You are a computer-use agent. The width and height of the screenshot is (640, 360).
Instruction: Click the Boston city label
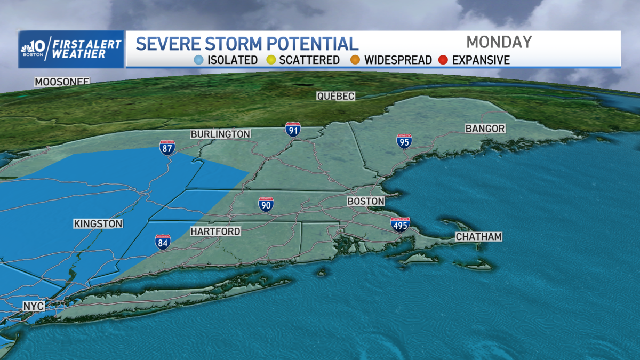pyautogui.click(x=365, y=201)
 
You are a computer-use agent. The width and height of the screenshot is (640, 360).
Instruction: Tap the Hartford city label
pyautogui.click(x=215, y=231)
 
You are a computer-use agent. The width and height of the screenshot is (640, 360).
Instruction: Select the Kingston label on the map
pyautogui.click(x=98, y=224)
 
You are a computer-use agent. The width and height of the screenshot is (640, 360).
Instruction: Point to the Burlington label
pyautogui.click(x=220, y=134)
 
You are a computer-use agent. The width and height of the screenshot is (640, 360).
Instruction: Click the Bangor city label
pyautogui.click(x=485, y=129)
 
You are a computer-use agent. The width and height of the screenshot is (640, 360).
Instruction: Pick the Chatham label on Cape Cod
pyautogui.click(x=478, y=237)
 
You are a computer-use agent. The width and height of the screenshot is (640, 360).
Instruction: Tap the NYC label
pyautogui.click(x=33, y=306)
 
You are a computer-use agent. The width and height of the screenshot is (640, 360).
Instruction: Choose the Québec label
pyautogui.click(x=335, y=96)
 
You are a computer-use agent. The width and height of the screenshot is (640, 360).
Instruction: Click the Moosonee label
pyautogui.click(x=62, y=82)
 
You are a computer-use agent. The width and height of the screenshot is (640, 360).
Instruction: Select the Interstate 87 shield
pyautogui.click(x=167, y=148)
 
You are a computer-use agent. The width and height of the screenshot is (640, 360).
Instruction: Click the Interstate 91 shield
pyautogui.click(x=292, y=130)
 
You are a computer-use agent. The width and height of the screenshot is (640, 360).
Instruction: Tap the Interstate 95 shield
pyautogui.click(x=404, y=141)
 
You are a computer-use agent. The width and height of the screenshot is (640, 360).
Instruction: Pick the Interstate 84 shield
pyautogui.click(x=163, y=242)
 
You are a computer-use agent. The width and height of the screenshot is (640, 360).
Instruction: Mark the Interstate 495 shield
pyautogui.click(x=399, y=224)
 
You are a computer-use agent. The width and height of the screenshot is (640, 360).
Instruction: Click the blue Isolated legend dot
pyautogui.click(x=199, y=60)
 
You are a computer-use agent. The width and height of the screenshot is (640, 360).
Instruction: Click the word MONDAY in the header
pyautogui.click(x=499, y=42)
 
